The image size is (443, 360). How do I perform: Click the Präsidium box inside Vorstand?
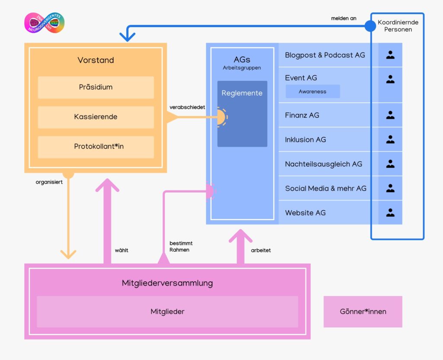(96, 87)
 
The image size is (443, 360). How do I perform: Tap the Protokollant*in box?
(96, 147)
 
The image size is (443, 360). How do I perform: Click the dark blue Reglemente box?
(242, 113)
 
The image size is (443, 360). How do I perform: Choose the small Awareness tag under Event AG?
(312, 91)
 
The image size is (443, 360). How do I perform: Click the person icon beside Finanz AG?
(390, 115)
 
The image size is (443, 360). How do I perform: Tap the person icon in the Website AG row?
(390, 212)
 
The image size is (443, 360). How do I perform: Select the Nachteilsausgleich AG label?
(323, 164)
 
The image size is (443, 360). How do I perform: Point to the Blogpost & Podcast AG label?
(324, 55)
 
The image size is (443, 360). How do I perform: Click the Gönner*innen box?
(363, 312)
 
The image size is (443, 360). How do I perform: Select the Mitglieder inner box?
(167, 312)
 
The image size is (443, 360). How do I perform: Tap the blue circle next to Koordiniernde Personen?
(370, 26)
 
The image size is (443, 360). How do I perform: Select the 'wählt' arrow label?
(122, 250)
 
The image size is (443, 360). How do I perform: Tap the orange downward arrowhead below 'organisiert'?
(68, 253)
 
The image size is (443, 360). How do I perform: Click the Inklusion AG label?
(305, 140)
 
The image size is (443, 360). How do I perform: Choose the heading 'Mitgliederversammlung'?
(167, 283)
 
